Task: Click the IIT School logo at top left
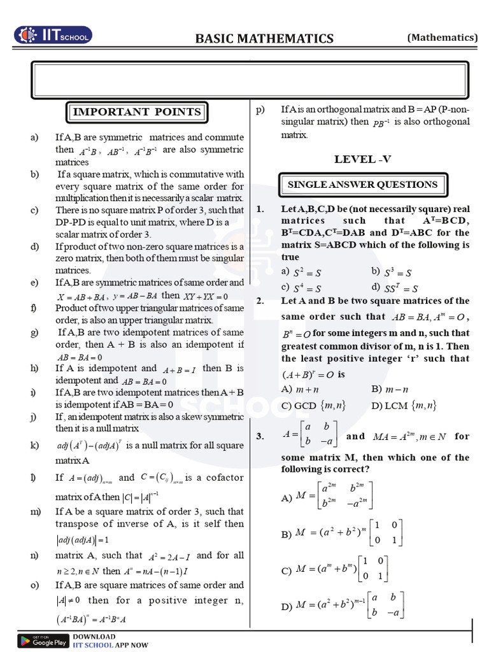click(53, 35)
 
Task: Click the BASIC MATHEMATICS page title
click(264, 39)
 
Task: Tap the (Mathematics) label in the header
click(443, 38)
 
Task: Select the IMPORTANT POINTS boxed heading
click(137, 112)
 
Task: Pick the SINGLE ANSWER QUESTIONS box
click(363, 185)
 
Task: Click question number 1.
click(260, 209)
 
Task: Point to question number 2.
click(260, 301)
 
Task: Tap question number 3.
click(260, 436)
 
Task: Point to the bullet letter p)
click(260, 109)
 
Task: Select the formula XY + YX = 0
click(206, 296)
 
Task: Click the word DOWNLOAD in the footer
click(94, 637)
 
